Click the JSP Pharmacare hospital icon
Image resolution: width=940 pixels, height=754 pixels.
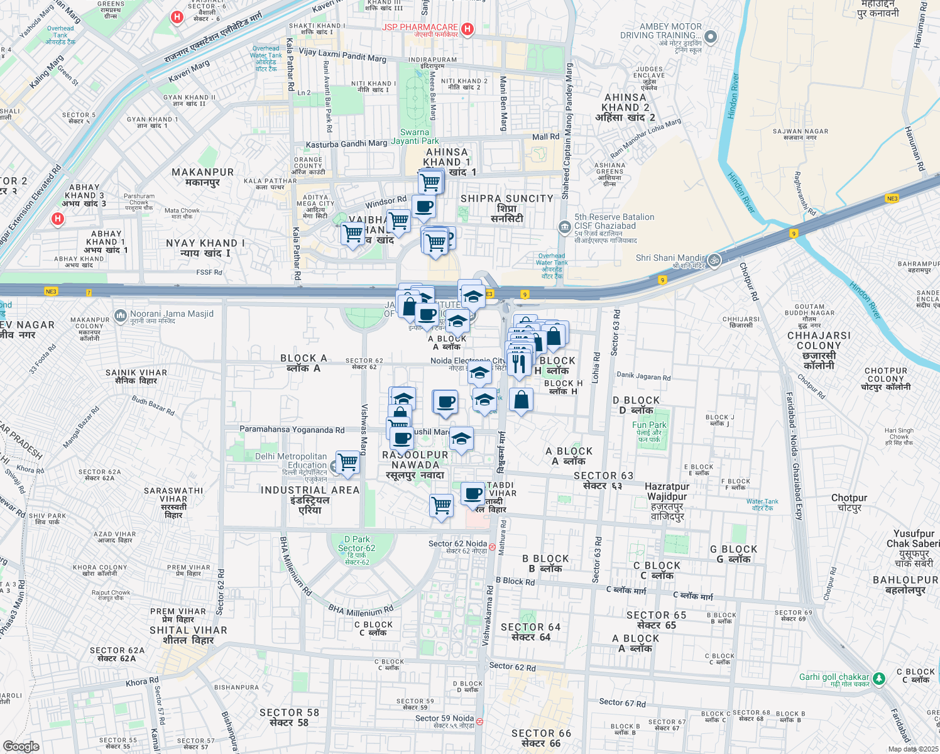click(x=467, y=29)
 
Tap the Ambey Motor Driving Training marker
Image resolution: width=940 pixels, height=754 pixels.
click(x=711, y=37)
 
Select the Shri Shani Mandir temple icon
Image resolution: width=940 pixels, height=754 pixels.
click(x=714, y=260)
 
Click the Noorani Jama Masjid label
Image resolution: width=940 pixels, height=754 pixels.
click(x=171, y=314)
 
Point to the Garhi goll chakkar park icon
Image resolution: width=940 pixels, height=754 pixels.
click(x=879, y=679)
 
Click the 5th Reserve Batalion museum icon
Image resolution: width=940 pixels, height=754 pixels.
click(x=564, y=226)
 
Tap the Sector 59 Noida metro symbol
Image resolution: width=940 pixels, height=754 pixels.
click(x=479, y=721)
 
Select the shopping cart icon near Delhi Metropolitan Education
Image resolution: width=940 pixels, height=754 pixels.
click(x=347, y=463)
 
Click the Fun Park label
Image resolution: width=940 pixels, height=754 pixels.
click(x=649, y=425)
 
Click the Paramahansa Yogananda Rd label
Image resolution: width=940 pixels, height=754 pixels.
click(x=292, y=430)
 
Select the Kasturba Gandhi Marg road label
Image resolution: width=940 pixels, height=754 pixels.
click(x=346, y=144)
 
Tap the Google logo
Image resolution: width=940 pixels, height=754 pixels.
click(x=21, y=746)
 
